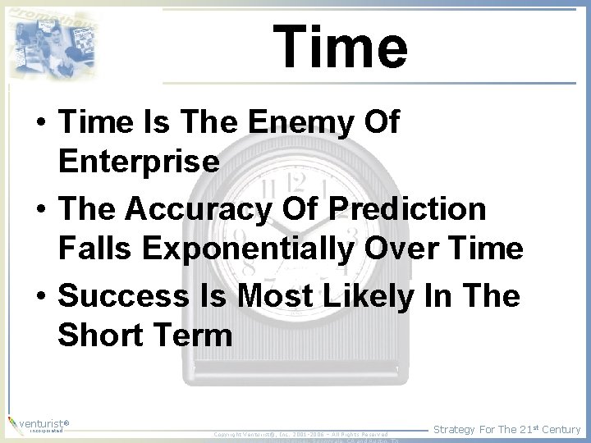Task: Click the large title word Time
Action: click(340, 47)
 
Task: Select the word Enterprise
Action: click(139, 162)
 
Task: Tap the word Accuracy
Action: click(198, 209)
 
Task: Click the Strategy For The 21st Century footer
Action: click(506, 429)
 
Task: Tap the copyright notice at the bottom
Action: click(300, 434)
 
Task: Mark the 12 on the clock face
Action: click(296, 181)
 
